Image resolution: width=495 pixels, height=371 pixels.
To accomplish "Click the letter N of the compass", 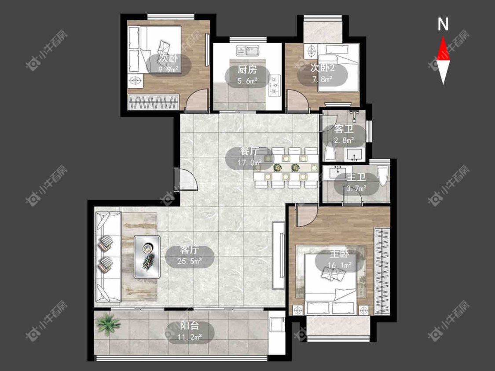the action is coord(443,24).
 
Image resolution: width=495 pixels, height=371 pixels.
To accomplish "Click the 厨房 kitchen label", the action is coord(247,69).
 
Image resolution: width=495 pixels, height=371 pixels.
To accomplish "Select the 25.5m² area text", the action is coord(189,261).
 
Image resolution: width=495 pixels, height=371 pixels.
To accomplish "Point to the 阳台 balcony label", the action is coord(189,326).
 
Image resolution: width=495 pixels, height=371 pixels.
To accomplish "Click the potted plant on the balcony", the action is coord(108,324).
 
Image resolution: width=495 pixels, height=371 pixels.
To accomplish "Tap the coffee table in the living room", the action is coord(147,257).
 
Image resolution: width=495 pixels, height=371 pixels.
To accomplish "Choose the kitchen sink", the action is coord(248,51).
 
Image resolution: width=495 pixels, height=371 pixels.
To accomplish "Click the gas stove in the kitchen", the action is coord(274,85).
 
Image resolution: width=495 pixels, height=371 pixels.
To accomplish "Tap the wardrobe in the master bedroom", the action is coord(382,271).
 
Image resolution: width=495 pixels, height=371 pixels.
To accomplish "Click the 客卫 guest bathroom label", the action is coord(344,129).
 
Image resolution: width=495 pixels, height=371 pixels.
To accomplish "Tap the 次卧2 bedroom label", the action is coord(323,68).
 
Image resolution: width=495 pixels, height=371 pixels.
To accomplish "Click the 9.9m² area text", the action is coord(169,69).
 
